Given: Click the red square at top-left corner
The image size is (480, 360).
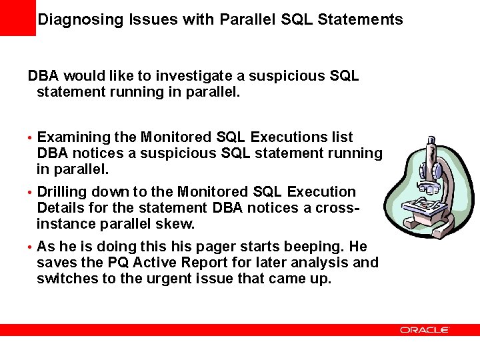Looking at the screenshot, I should coord(17,17).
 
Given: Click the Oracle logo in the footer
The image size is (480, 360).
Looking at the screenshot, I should coord(425,330).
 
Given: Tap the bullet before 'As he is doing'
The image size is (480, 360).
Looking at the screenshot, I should coord(30,247).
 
